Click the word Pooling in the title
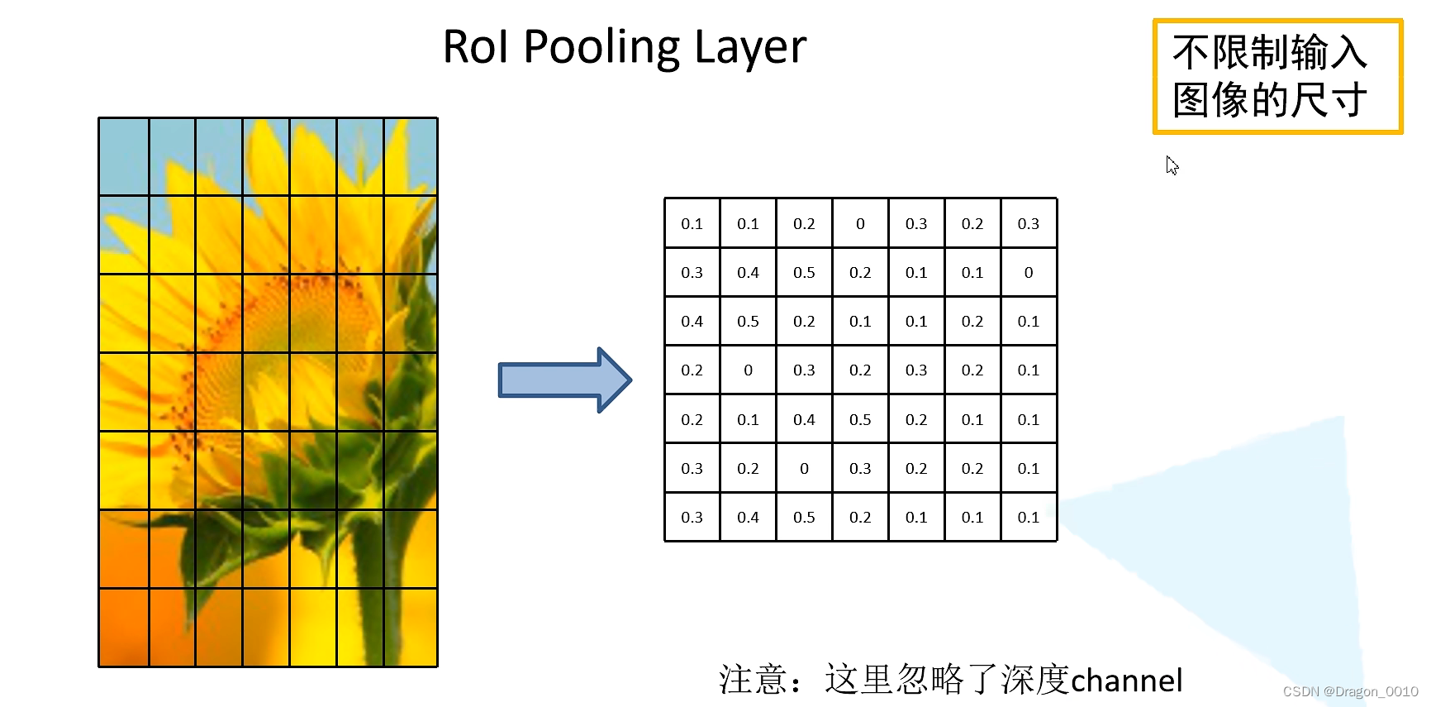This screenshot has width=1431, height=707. pyautogui.click(x=601, y=47)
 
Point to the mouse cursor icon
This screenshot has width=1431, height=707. pyautogui.click(x=1172, y=165)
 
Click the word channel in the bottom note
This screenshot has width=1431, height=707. pyautogui.click(x=1127, y=681)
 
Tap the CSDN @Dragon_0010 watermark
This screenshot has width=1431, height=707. pyautogui.click(x=1350, y=691)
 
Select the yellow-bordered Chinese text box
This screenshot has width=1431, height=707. pyautogui.click(x=1277, y=76)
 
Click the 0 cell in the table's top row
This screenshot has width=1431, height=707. pyautogui.click(x=860, y=223)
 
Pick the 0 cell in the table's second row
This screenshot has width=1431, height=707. pyautogui.click(x=1029, y=272)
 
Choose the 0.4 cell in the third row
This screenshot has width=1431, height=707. pyautogui.click(x=692, y=321)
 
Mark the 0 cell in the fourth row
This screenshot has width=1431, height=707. pyautogui.click(x=748, y=370)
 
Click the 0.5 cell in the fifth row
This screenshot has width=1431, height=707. pyautogui.click(x=860, y=419)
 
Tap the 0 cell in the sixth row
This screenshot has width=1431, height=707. pyautogui.click(x=804, y=468)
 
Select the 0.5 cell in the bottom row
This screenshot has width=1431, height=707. pyautogui.click(x=804, y=517)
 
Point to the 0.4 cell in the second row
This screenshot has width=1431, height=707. pyautogui.click(x=748, y=272)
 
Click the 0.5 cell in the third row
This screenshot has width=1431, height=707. pyautogui.click(x=748, y=321)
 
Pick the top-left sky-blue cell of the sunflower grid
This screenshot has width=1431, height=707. pyautogui.click(x=124, y=157)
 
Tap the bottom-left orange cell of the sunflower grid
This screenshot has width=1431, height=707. pyautogui.click(x=124, y=627)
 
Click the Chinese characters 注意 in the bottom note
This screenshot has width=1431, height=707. pyautogui.click(x=753, y=680)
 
